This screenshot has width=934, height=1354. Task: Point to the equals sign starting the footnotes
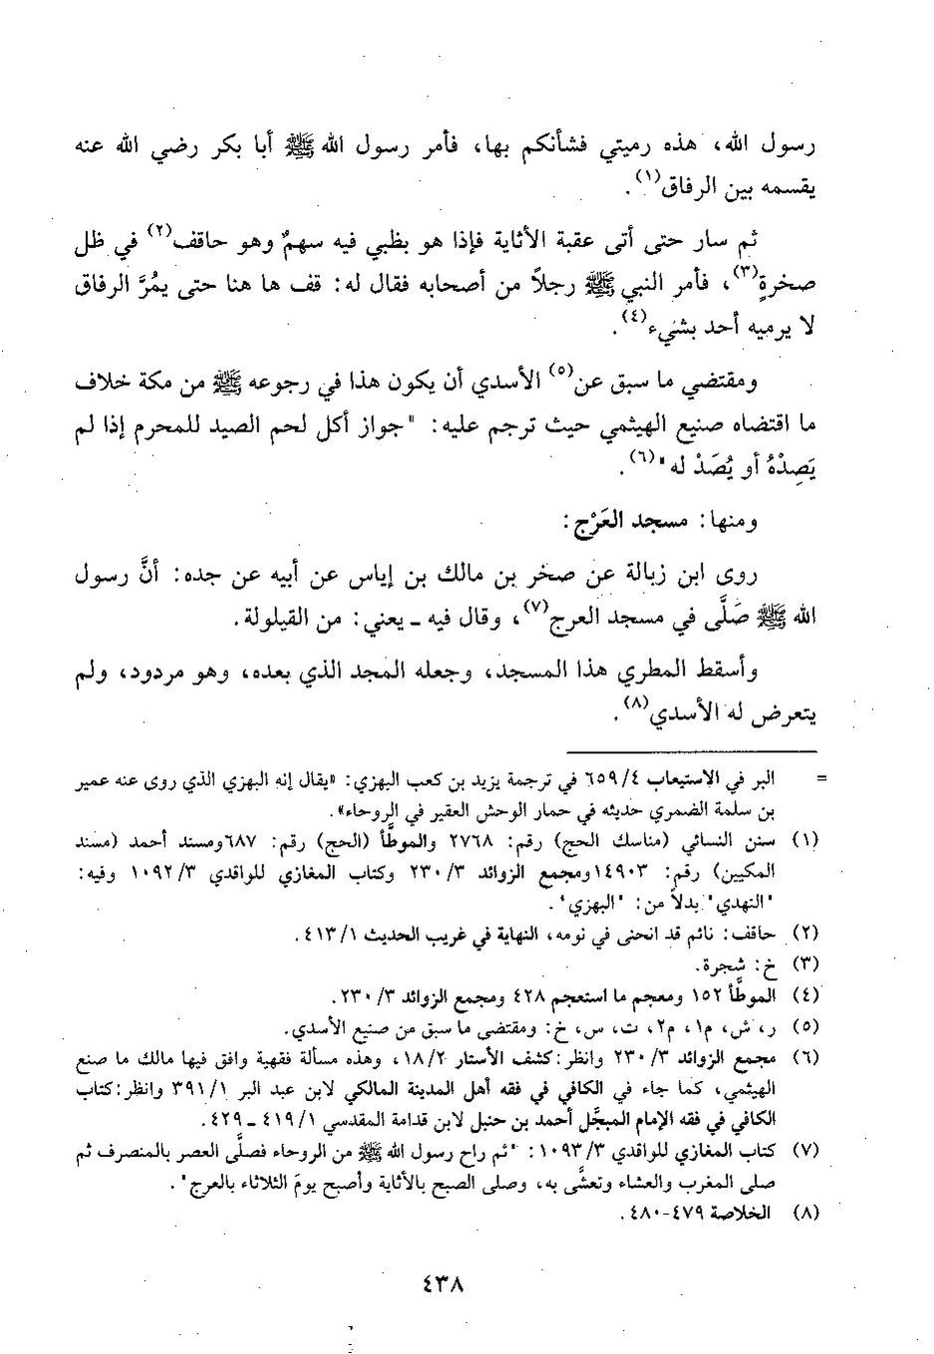point(819,775)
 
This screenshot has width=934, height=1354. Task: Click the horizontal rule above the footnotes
point(691,751)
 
